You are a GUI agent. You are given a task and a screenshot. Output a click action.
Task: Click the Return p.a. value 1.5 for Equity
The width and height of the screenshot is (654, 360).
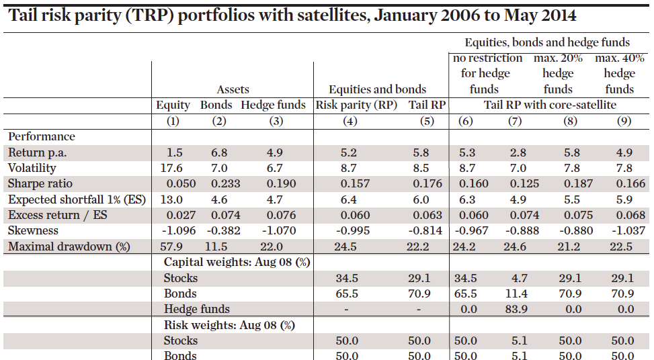click(173, 152)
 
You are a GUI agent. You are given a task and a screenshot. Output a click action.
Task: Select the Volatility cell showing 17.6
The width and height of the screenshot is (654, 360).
click(173, 168)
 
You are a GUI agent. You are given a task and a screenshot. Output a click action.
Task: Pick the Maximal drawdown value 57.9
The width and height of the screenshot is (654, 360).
click(173, 246)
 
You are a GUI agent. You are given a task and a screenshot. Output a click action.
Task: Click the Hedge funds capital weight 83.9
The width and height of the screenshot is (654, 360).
click(515, 309)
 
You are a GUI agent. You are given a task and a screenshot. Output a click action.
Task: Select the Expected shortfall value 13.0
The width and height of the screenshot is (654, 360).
click(173, 199)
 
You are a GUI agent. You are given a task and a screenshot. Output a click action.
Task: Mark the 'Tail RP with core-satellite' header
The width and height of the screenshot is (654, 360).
click(550, 105)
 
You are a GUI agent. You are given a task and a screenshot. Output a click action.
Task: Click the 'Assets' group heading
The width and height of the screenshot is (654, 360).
click(233, 89)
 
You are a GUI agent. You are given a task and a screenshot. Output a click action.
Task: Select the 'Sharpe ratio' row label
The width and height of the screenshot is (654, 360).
click(40, 184)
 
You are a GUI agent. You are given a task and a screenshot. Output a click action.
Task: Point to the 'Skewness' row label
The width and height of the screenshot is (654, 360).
click(33, 231)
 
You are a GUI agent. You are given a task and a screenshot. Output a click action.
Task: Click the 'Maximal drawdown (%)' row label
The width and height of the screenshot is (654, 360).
click(69, 246)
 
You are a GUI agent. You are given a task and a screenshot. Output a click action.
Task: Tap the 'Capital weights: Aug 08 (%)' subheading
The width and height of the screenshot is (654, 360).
click(237, 262)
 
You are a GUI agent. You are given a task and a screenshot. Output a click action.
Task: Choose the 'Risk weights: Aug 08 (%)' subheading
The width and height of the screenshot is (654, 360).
click(229, 325)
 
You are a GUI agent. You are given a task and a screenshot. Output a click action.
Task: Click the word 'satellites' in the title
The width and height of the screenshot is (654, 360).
click(317, 15)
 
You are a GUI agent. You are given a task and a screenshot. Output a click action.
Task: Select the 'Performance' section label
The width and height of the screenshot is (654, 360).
click(42, 136)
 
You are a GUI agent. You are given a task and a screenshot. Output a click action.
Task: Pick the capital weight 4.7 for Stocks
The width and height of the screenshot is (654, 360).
click(515, 278)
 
